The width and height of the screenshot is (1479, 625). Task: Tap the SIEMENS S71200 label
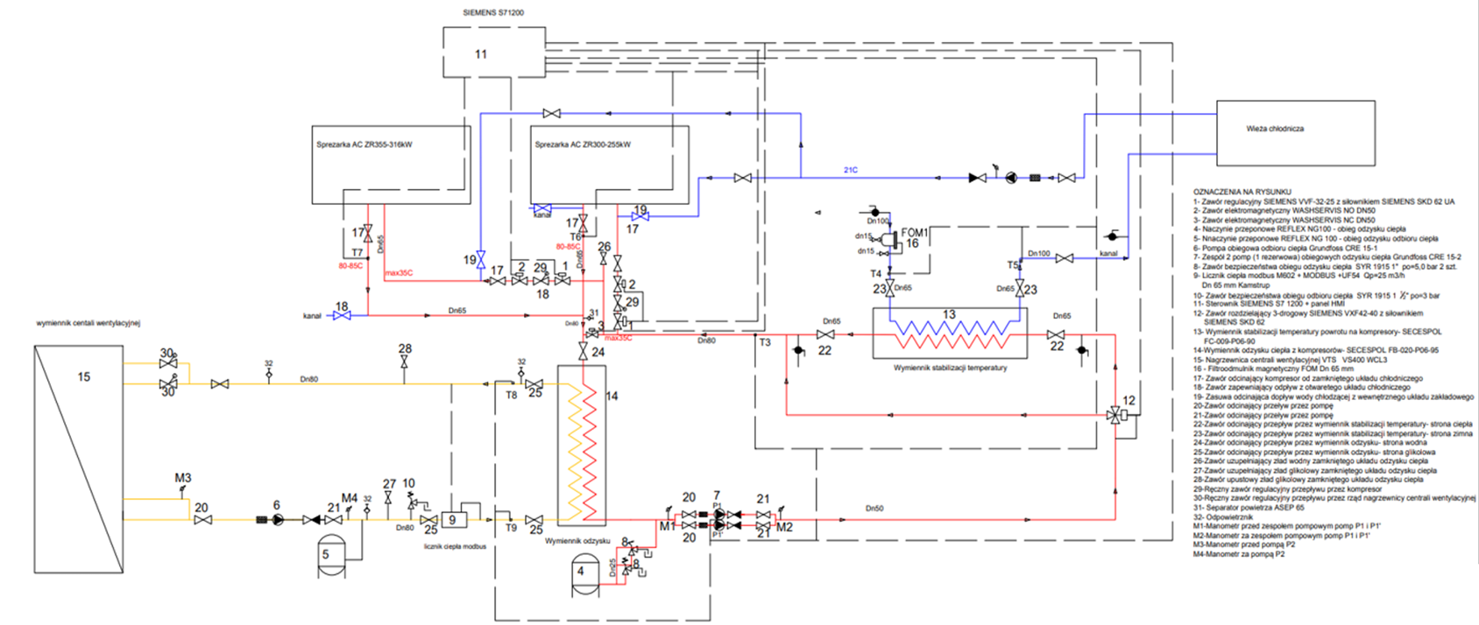point(493,13)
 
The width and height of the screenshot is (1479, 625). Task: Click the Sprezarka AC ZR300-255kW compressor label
point(583,144)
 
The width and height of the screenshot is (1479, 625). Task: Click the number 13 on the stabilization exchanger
point(949,315)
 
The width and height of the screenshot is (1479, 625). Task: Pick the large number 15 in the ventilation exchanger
point(84,377)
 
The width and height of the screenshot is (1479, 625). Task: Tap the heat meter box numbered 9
point(453,519)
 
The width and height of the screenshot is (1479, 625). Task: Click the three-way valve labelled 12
point(1115,415)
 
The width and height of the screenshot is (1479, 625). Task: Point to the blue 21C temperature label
point(850,170)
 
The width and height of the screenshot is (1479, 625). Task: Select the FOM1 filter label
point(915,232)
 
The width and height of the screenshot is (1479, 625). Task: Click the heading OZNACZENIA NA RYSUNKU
point(1242,192)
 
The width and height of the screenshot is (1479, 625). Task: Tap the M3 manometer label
point(182,478)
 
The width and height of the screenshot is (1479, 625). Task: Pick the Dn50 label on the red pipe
point(874,509)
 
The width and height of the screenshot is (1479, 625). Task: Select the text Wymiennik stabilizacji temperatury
point(950,369)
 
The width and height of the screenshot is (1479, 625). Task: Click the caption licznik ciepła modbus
point(455,547)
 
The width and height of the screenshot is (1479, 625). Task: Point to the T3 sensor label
point(765,342)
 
